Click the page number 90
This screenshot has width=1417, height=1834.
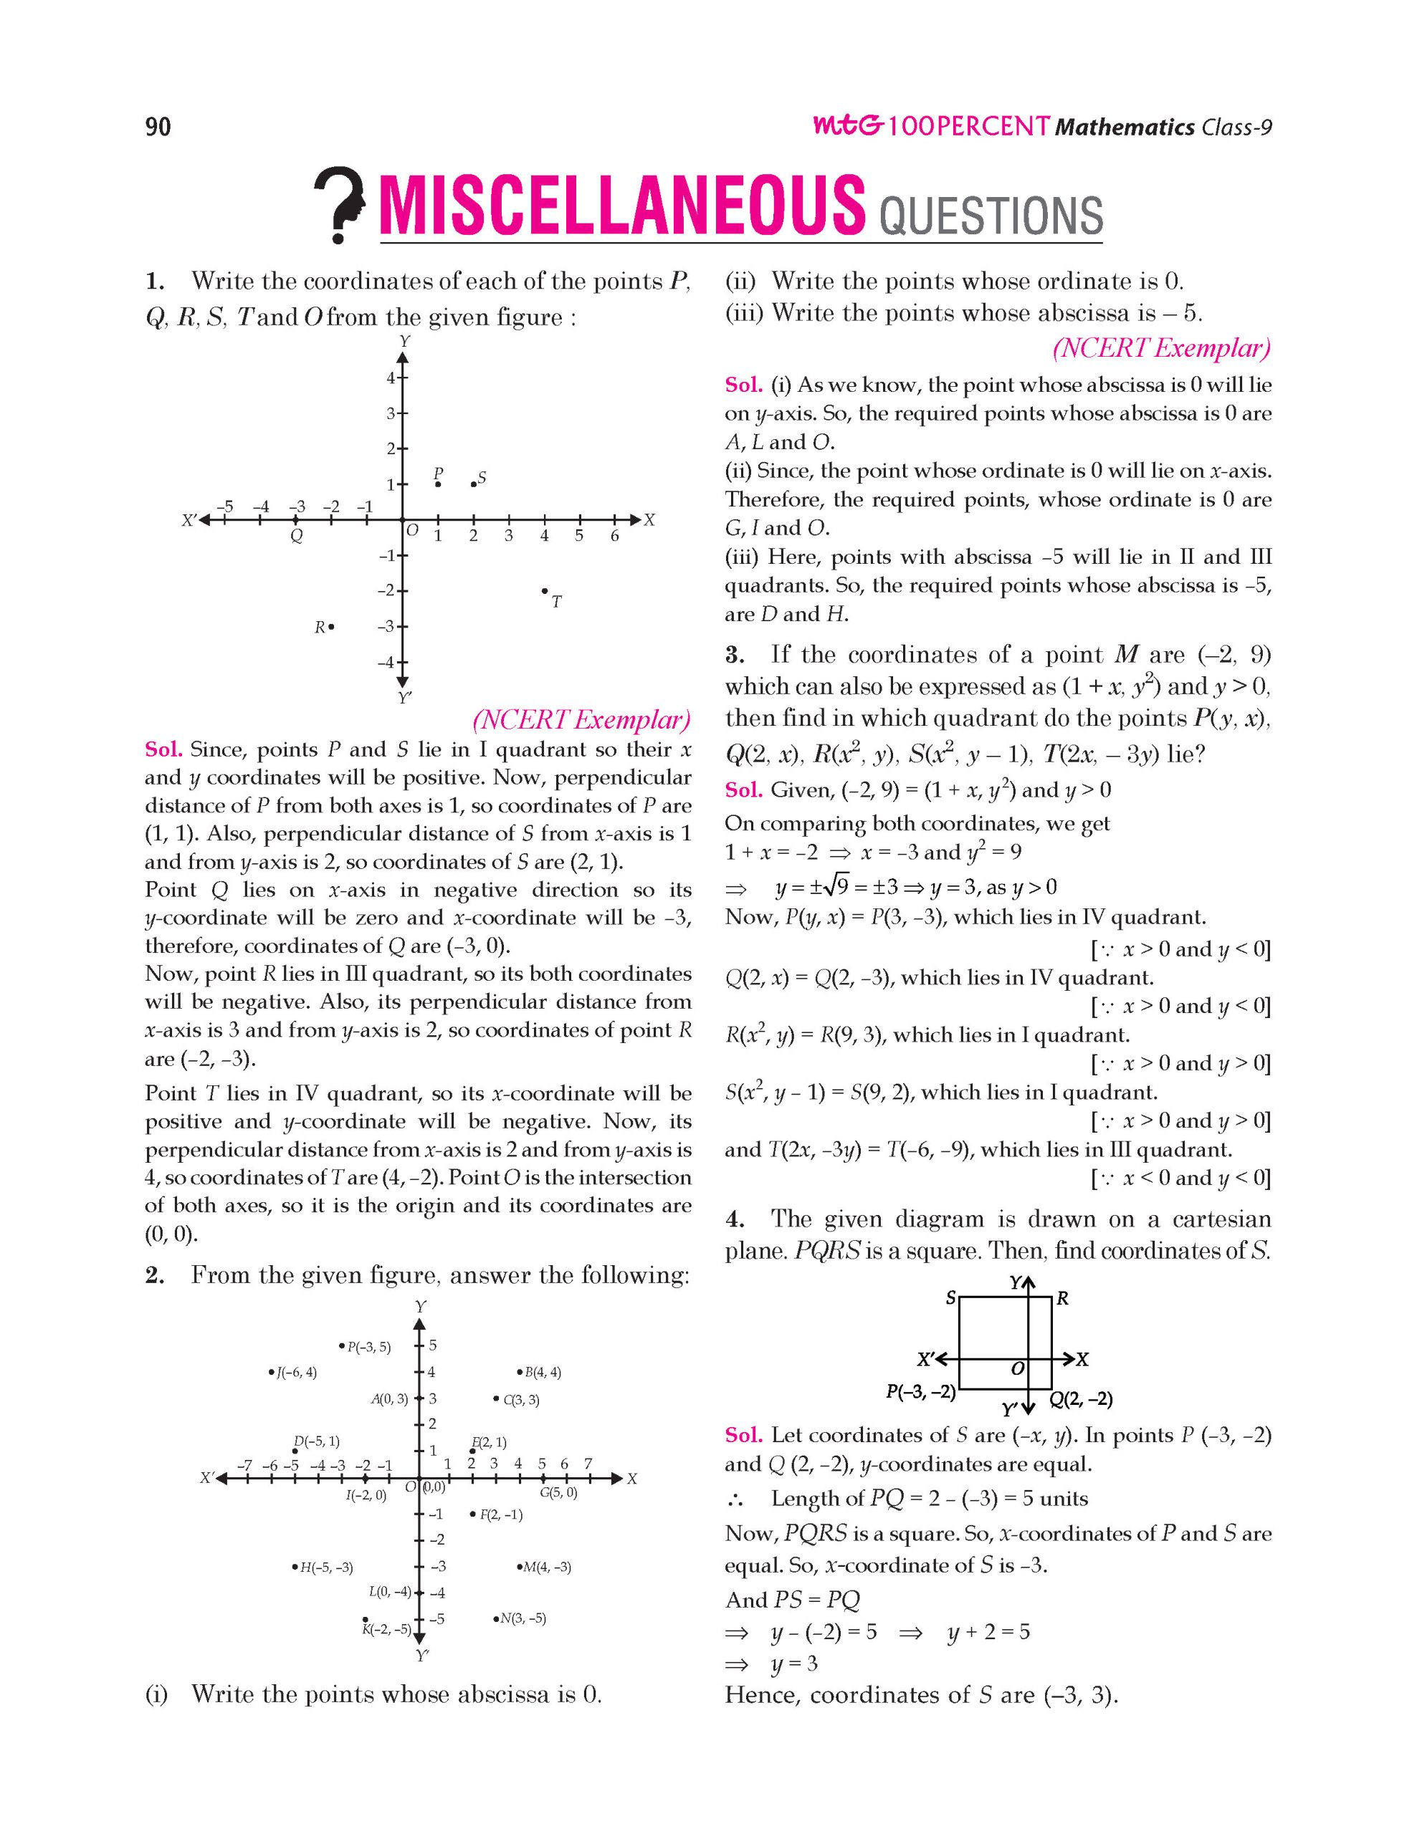158,127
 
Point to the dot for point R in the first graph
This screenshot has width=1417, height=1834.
332,626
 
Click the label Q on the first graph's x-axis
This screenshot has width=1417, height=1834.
296,536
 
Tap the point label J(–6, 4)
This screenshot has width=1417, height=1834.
292,1373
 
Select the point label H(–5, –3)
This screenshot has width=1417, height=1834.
323,1567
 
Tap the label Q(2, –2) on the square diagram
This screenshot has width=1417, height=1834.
1081,1399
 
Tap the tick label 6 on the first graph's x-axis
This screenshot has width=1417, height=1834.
615,536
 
